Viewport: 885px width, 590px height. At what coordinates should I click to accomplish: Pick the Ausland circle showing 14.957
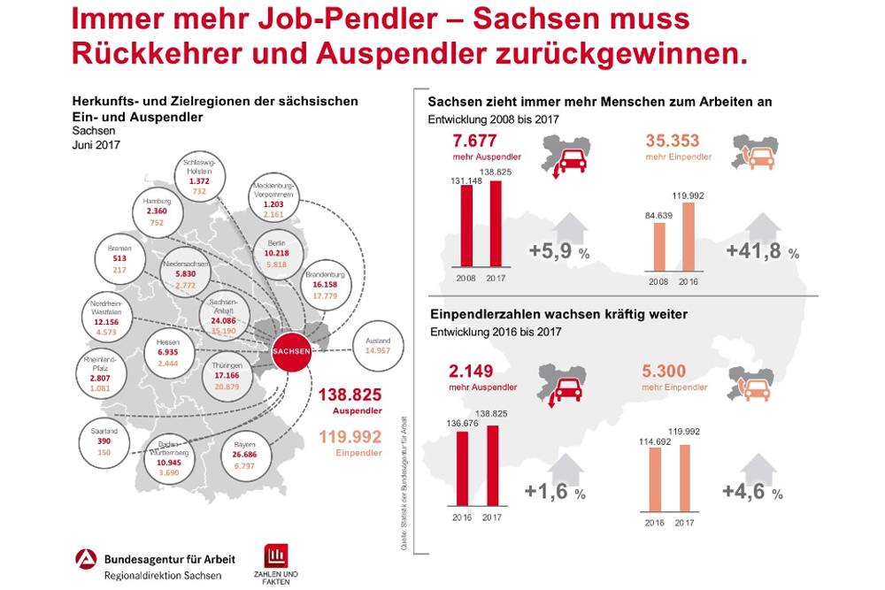click(x=377, y=343)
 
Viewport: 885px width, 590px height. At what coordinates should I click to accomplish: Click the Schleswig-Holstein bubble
click(x=199, y=175)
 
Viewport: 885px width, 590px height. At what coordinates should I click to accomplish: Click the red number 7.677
click(x=474, y=141)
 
